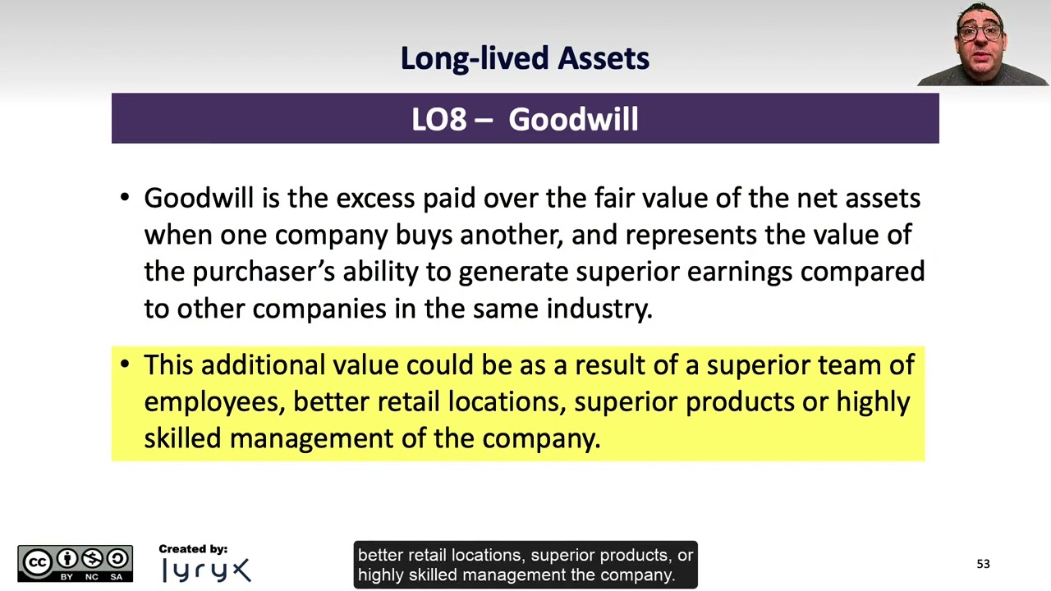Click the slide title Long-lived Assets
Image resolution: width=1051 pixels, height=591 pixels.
525,58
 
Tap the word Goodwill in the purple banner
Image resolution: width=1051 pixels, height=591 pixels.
573,120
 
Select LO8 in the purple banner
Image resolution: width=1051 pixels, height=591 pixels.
439,120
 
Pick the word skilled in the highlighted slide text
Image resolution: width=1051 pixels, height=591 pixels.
183,438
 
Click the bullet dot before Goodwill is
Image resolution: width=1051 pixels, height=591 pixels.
125,197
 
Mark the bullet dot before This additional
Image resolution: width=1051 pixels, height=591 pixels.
125,364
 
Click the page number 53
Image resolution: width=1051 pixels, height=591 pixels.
983,564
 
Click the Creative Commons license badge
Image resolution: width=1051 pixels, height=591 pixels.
75,563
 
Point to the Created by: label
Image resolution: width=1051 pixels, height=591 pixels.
193,549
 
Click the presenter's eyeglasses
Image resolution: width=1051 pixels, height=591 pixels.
980,33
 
